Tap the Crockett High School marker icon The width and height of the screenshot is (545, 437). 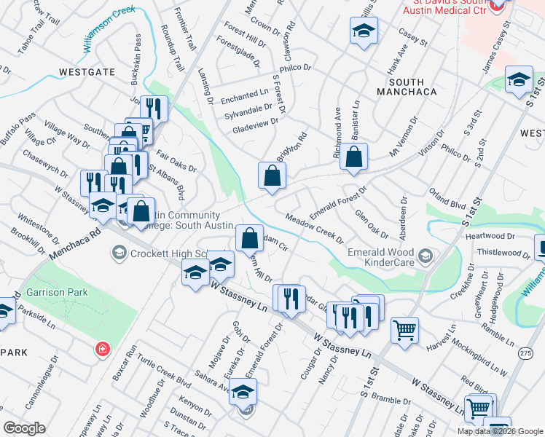pos(117,253)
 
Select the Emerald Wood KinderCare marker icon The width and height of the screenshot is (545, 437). pos(425,255)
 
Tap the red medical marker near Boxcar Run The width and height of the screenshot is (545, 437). pos(103,349)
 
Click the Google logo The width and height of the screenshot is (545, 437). pos(24,428)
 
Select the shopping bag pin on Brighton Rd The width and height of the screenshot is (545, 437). pos(272,176)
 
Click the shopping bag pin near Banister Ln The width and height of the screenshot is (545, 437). pos(353,157)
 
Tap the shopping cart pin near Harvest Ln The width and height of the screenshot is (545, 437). pos(404,328)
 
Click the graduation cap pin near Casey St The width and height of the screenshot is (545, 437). pos(363,31)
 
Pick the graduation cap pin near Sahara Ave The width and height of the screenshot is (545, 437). pos(243,394)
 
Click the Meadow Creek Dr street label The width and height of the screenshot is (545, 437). pos(315,229)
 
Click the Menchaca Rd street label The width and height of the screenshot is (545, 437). pos(74,244)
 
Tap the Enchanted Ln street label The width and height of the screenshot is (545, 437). pos(246,95)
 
